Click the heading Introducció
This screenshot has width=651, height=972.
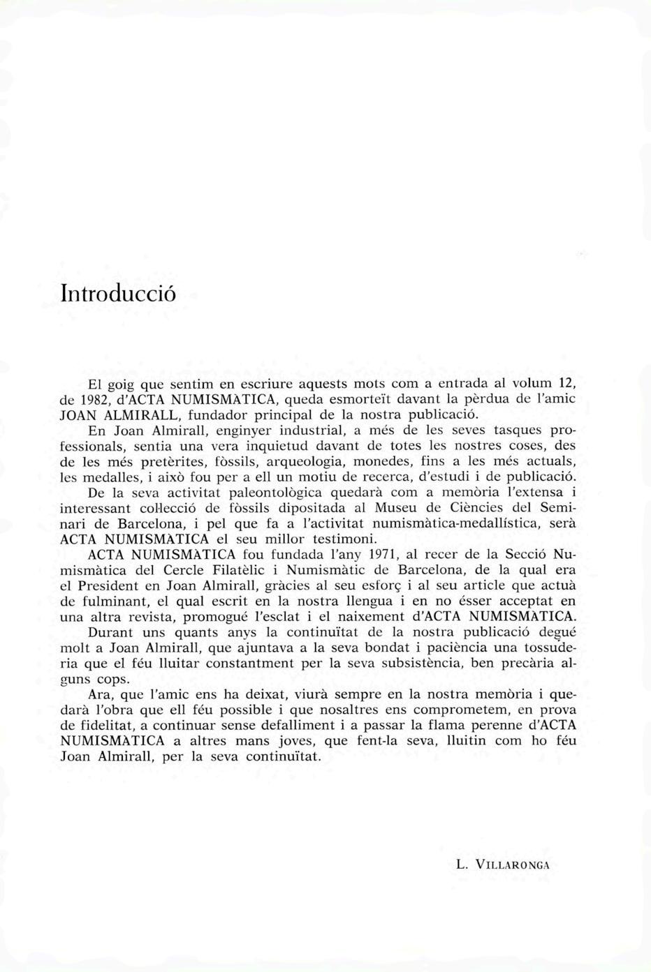117,292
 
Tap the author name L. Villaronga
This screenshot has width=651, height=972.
503,865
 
